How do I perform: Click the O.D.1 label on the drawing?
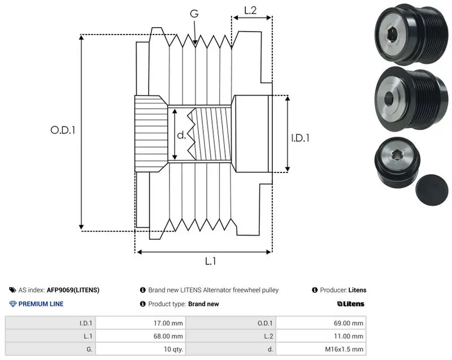[x=63, y=131]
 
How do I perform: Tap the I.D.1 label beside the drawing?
[x=300, y=138]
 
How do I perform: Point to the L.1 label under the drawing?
[x=210, y=261]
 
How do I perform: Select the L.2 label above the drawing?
[x=250, y=10]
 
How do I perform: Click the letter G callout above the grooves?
[x=194, y=14]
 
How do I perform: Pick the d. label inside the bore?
[x=181, y=135]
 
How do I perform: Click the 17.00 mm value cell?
[x=168, y=323]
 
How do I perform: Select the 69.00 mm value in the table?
[x=349, y=323]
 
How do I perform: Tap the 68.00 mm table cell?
[x=168, y=336]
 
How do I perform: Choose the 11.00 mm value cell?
[x=349, y=336]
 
